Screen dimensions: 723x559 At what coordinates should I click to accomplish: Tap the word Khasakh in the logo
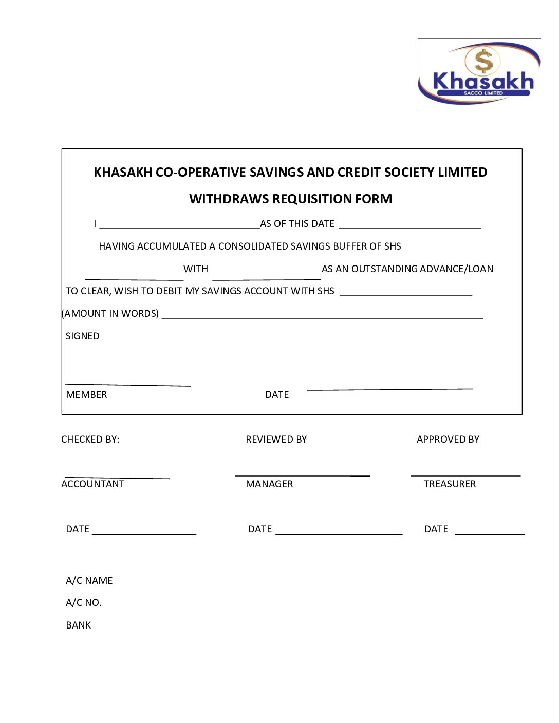483,81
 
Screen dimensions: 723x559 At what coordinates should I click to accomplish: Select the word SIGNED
83,336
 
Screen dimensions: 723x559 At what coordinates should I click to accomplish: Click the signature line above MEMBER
128,384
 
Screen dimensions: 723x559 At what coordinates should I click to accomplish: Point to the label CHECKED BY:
90,440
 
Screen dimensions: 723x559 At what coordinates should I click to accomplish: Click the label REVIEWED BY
276,440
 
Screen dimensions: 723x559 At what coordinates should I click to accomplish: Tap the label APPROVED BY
448,440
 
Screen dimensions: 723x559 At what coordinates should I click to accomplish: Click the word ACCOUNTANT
92,484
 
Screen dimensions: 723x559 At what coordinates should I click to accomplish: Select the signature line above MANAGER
302,475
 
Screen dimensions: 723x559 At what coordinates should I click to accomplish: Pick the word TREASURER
450,484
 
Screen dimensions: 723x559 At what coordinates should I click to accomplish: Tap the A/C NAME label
89,581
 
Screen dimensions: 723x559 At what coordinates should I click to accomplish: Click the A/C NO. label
84,603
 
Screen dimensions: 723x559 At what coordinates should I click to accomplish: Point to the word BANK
78,625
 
